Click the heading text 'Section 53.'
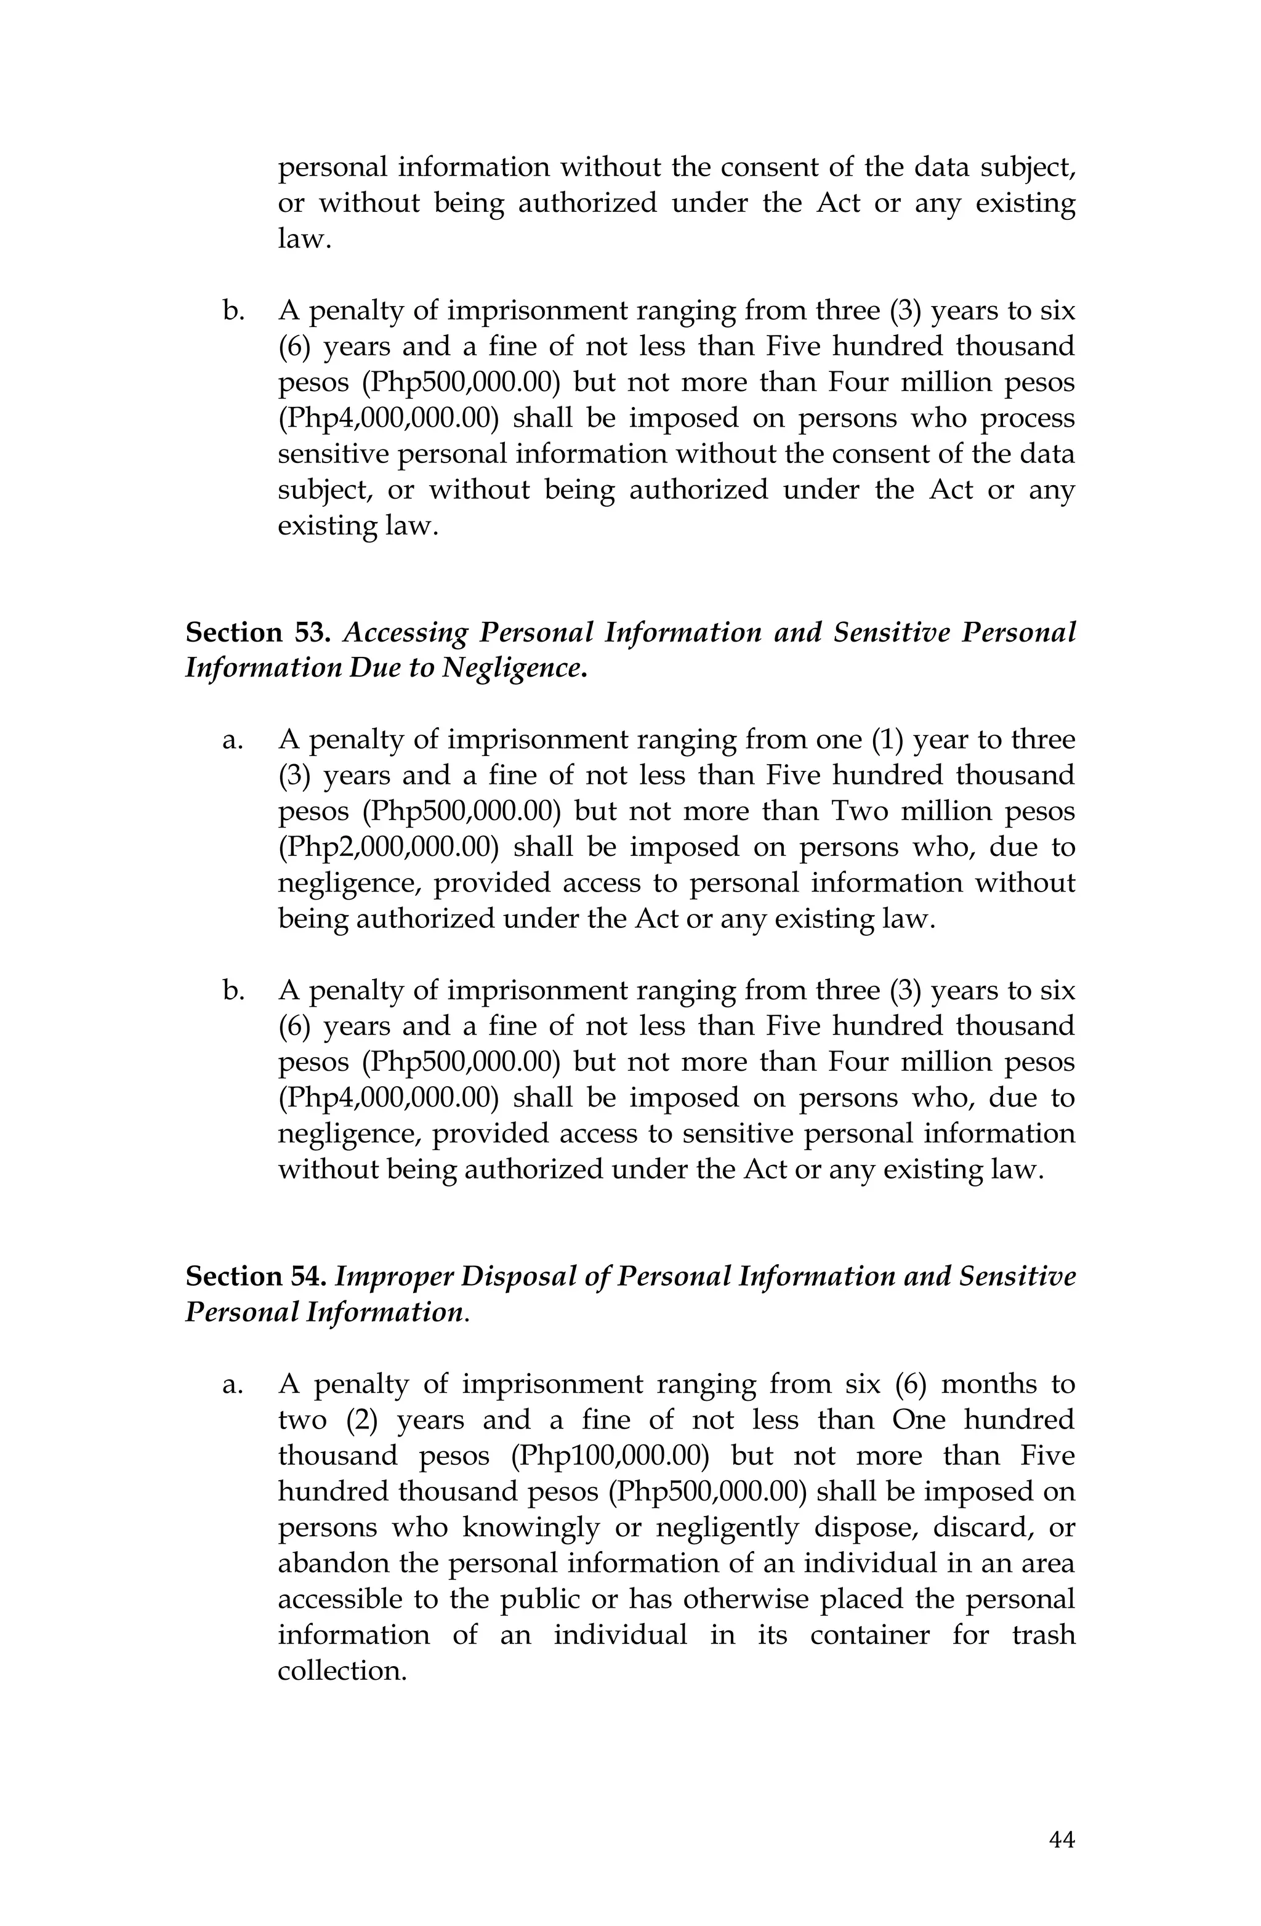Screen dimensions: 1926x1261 tap(257, 632)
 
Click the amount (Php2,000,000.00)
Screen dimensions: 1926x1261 tap(387, 847)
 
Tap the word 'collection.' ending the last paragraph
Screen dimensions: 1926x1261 tap(342, 1671)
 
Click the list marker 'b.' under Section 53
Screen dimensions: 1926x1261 tap(233, 991)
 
